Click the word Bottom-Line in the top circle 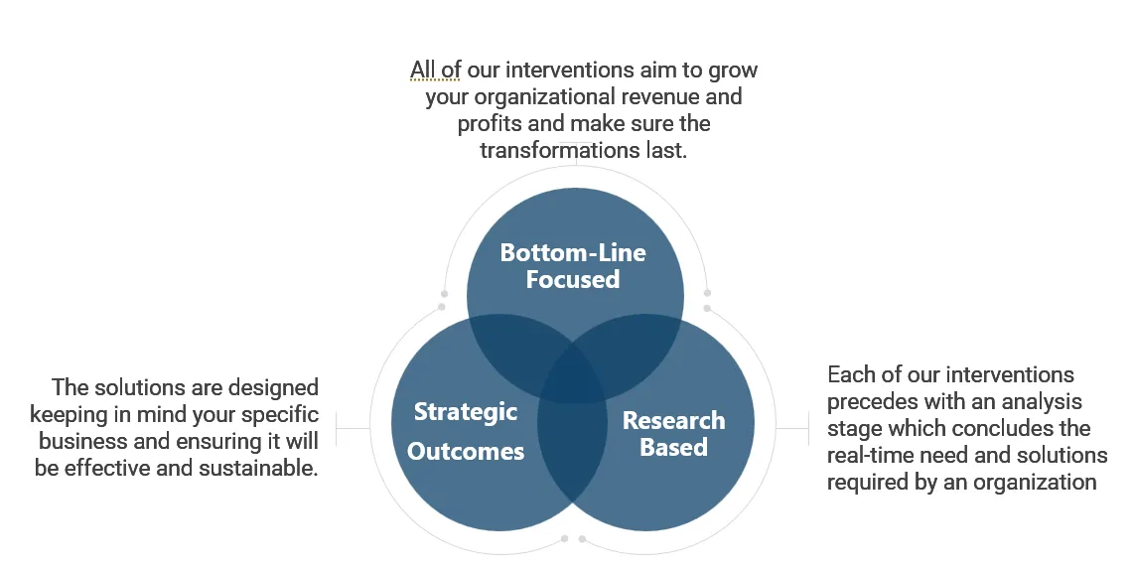pos(573,253)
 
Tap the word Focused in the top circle pos(573,280)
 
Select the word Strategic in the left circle pos(466,412)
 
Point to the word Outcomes pos(466,452)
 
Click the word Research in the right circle pos(673,420)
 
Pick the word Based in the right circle pos(673,447)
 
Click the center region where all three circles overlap pos(573,375)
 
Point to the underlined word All pos(422,71)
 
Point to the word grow pos(733,71)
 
